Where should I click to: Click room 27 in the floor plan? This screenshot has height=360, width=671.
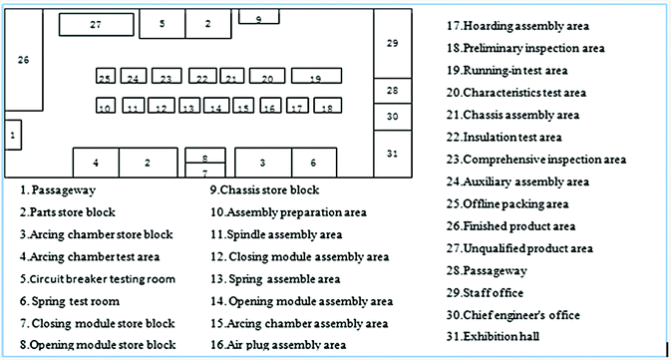tap(96, 24)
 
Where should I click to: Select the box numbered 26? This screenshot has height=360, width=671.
tap(24, 61)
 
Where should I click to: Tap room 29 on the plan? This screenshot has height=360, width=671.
tap(392, 43)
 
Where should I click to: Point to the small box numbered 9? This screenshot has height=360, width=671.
tap(258, 17)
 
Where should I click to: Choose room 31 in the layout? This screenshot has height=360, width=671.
tap(392, 153)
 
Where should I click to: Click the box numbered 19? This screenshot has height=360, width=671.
tap(317, 77)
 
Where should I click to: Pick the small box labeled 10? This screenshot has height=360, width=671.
tap(105, 106)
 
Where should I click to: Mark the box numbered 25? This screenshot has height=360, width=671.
tap(105, 77)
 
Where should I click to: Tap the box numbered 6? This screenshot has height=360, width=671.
tap(313, 162)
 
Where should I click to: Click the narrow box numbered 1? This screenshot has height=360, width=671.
tap(12, 134)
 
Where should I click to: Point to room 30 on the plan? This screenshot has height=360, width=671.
tap(392, 116)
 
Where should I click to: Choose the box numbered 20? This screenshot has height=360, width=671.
tap(267, 77)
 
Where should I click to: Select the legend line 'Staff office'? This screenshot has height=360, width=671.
tap(495, 292)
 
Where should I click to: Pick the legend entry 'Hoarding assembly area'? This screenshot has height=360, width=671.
tap(518, 25)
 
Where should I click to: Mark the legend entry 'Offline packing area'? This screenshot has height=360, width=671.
tap(507, 203)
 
